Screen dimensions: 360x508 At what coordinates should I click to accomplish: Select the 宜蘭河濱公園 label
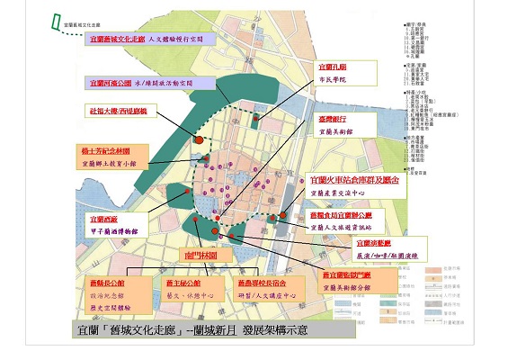pyautogui.click(x=111, y=83)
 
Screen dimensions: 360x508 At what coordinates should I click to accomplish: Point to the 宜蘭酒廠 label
pyautogui.click(x=102, y=218)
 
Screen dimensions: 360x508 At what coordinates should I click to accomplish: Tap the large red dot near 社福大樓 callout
pyautogui.click(x=198, y=139)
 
